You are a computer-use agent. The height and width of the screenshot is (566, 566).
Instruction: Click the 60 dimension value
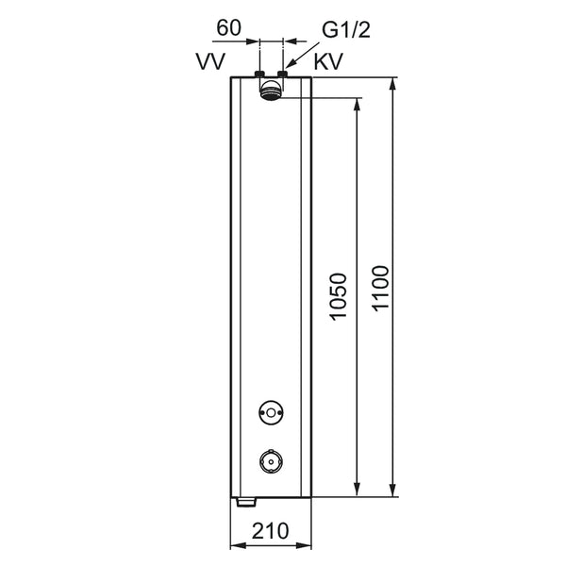pyautogui.click(x=228, y=27)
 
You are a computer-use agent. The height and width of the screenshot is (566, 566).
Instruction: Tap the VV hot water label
pyautogui.click(x=210, y=61)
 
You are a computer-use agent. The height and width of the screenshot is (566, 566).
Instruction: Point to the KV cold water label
pyautogui.click(x=328, y=61)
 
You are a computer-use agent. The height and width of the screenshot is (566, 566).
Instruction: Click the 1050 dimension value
pyautogui.click(x=339, y=297)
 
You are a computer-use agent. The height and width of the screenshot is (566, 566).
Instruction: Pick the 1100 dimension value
pyautogui.click(x=381, y=288)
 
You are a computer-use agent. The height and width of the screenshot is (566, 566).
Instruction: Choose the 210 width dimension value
pyautogui.click(x=271, y=530)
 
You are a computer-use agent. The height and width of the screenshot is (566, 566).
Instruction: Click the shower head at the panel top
pyautogui.click(x=271, y=91)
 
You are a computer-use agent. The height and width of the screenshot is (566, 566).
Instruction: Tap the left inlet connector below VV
pyautogui.click(x=259, y=74)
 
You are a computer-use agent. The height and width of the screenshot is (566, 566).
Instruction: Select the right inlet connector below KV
pyautogui.click(x=282, y=74)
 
